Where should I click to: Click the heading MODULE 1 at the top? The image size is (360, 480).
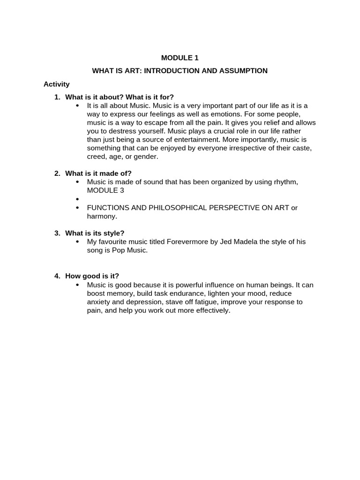click(x=180, y=58)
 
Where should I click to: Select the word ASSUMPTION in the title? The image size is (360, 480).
click(x=244, y=71)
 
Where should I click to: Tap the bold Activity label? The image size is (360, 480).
click(x=56, y=84)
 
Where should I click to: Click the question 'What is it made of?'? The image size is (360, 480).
click(x=98, y=173)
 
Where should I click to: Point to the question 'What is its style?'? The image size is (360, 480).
click(x=95, y=233)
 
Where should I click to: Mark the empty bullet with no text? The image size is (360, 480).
click(x=77, y=199)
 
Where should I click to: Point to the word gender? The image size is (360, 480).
click(x=146, y=157)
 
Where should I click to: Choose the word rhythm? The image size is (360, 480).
click(x=282, y=182)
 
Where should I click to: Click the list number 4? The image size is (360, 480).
click(x=57, y=276)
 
